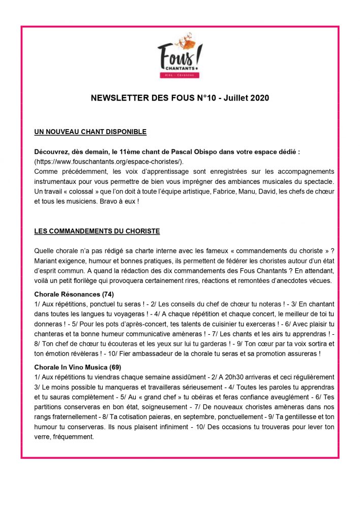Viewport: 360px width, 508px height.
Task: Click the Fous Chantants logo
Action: point(179,58)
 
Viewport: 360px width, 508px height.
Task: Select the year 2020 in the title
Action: point(258,98)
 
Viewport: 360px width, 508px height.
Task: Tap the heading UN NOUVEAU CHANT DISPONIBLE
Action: point(90,132)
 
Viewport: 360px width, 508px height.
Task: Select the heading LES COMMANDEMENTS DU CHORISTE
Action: point(97,231)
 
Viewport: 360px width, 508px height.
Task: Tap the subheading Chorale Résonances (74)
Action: point(74,294)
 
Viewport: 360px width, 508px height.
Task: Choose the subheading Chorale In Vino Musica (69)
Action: point(77,367)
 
